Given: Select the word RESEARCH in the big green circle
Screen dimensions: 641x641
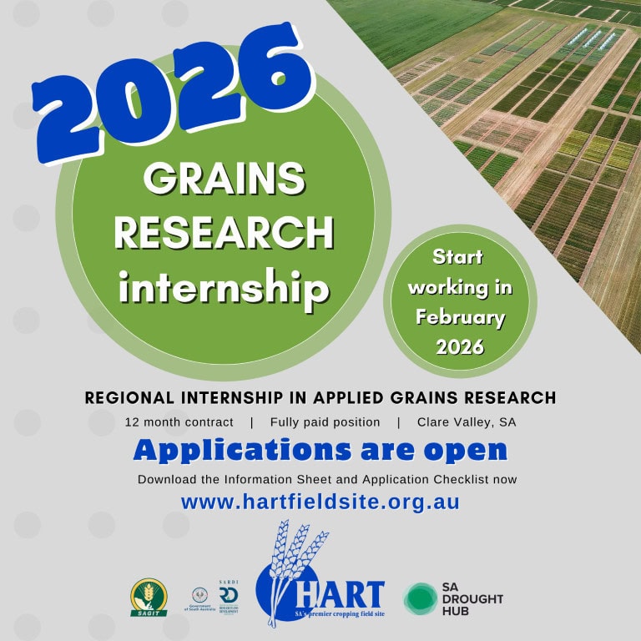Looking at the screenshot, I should pos(224,233).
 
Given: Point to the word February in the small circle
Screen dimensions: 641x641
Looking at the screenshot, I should pos(460,317).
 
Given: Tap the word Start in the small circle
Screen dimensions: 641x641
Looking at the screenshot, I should pos(457,257).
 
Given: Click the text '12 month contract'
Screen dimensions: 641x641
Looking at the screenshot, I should pos(178,422).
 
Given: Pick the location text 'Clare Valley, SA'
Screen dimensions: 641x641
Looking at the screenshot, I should pos(467,422).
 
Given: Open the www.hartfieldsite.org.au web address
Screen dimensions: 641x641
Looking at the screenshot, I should pos(320,502).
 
